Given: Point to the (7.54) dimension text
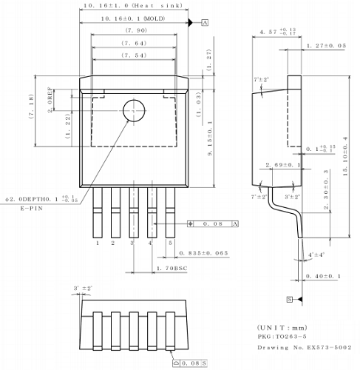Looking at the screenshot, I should [x=133, y=57].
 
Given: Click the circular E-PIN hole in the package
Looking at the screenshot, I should [x=134, y=110].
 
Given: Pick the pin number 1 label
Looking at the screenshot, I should [x=97, y=242].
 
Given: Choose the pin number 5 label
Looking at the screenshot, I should [x=170, y=242].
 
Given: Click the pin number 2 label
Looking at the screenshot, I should [x=113, y=242].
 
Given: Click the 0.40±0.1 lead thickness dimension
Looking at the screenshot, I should [x=322, y=277].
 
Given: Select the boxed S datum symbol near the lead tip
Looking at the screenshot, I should [x=290, y=299].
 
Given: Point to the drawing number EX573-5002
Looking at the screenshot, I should [x=304, y=347].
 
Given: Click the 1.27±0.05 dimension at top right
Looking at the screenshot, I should [x=326, y=46].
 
